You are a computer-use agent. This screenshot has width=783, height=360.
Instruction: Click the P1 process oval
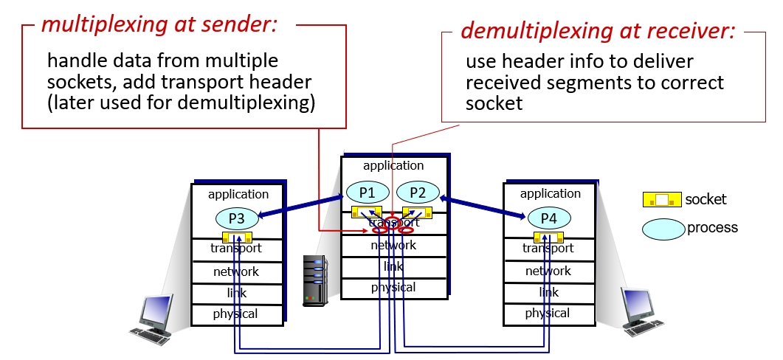pos(368,193)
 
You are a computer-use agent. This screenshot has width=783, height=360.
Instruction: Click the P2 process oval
pos(418,193)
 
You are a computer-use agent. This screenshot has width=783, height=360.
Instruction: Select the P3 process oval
pos(236,218)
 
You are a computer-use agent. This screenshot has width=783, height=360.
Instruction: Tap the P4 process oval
pos(548,218)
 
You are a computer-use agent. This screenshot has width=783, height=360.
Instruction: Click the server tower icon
pos(315,280)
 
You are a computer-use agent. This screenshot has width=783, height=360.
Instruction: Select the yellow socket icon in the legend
pos(662,199)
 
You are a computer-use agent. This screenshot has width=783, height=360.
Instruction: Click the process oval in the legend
pos(663,229)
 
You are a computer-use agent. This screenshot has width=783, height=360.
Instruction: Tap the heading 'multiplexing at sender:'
pos(159,25)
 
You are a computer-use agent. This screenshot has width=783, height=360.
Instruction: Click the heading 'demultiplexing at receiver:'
pos(598,30)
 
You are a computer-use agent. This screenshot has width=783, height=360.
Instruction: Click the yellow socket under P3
pos(237,238)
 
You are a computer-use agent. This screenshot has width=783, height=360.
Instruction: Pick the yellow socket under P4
pos(549,238)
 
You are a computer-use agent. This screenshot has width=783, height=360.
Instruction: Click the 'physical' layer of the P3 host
pos(235,314)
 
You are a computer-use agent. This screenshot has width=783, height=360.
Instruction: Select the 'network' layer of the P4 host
pos(548,271)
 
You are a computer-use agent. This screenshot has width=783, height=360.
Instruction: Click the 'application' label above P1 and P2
pos(393,166)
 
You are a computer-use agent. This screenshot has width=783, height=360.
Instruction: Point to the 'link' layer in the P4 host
pos(548,293)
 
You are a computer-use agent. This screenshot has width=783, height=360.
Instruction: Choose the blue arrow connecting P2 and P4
pos(483,207)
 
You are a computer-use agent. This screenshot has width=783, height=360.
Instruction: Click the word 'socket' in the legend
pos(706,199)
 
